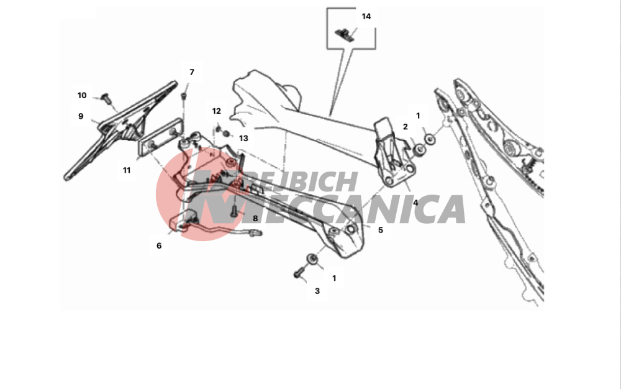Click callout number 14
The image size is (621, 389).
pyautogui.click(x=366, y=17)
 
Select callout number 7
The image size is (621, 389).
pyautogui.click(x=192, y=72)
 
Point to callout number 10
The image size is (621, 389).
pyautogui.click(x=82, y=96)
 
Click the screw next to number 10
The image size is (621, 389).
pyautogui.click(x=106, y=98)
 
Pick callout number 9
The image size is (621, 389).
pyautogui.click(x=81, y=116)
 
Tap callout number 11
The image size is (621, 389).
pyautogui.click(x=127, y=170)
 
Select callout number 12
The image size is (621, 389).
pyautogui.click(x=216, y=111)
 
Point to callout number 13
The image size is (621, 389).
pyautogui.click(x=243, y=138)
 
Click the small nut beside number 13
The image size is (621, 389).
pyautogui.click(x=226, y=134)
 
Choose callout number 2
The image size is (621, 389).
pyautogui.click(x=405, y=127)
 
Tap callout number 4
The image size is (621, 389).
pyautogui.click(x=415, y=203)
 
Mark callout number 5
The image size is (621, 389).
pyautogui.click(x=381, y=230)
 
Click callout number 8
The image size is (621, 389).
pyautogui.click(x=255, y=219)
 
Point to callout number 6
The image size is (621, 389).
pyautogui.click(x=159, y=245)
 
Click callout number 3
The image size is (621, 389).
pyautogui.click(x=317, y=291)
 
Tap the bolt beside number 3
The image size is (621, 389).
pyautogui.click(x=299, y=272)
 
